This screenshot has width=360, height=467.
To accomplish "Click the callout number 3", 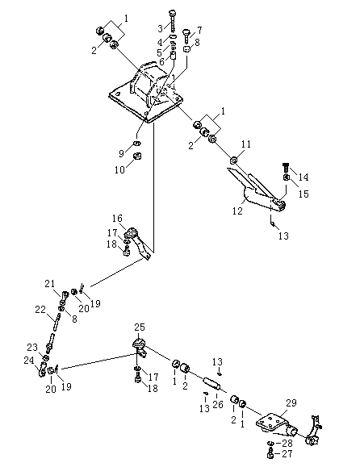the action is [x=161, y=28].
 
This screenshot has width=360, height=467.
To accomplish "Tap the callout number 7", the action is [x=199, y=31].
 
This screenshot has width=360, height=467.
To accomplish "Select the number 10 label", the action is [x=119, y=169].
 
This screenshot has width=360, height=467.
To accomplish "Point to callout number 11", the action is [x=246, y=144].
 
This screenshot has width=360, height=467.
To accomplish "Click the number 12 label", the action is [x=238, y=211].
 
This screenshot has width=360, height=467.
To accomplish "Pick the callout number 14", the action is [x=303, y=177].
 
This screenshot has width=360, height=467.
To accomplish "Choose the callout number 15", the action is [x=303, y=194].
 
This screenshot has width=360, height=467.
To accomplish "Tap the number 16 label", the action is [x=117, y=219].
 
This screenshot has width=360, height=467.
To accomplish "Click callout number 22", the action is [x=40, y=310].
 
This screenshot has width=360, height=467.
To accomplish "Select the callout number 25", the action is [x=140, y=327].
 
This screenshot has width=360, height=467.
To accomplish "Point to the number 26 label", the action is [x=218, y=404].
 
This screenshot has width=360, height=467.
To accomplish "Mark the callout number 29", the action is [x=291, y=403].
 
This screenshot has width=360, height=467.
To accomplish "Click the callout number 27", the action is [x=287, y=454].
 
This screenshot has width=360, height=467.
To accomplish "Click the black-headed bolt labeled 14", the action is [x=286, y=168].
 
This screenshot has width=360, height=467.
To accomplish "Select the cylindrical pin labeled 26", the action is [x=211, y=384].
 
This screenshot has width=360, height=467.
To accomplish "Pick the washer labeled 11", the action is [x=233, y=161].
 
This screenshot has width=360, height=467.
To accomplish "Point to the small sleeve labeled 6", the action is [x=174, y=56].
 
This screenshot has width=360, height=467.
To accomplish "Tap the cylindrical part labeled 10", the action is [x=137, y=156].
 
